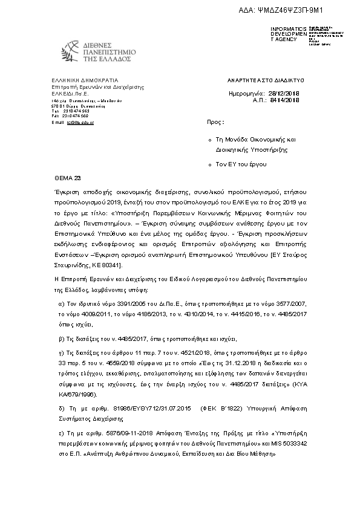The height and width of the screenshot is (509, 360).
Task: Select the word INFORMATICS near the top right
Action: click(x=289, y=29)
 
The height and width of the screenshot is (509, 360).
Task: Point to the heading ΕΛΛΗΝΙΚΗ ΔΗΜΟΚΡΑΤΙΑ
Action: click(x=85, y=80)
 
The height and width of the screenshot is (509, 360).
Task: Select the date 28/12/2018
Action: click(x=283, y=94)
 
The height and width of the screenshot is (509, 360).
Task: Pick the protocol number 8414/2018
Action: click(x=283, y=100)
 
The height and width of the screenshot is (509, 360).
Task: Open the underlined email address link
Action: click(x=80, y=122)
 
